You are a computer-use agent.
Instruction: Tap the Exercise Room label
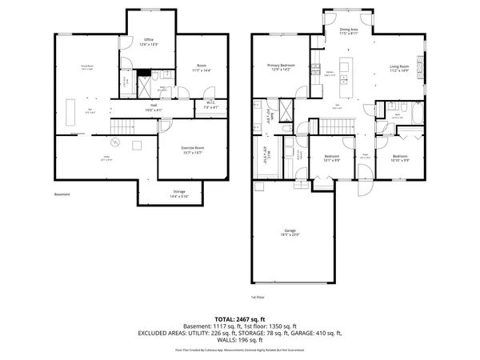click(178, 146)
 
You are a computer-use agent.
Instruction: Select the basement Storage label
click(180, 193)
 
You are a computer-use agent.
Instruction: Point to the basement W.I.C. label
click(209, 102)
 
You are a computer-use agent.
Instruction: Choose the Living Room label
click(399, 68)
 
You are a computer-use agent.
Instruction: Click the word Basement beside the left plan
click(62, 194)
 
